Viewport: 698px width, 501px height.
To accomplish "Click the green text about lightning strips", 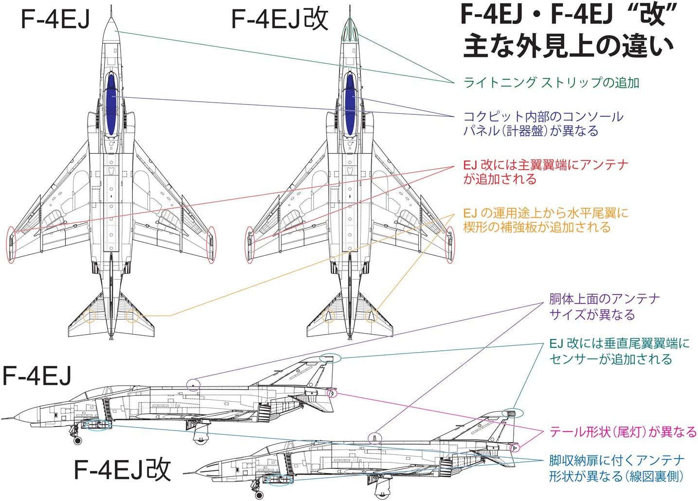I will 551,82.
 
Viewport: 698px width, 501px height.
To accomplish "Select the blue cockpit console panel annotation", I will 543,124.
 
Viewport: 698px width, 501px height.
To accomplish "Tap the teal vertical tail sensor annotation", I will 619,351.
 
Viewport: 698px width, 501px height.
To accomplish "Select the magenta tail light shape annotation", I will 623,431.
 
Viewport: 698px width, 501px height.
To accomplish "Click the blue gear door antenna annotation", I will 617,468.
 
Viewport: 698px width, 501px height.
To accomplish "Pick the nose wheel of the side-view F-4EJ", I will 77,440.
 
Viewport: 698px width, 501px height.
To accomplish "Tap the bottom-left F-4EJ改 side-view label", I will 122,469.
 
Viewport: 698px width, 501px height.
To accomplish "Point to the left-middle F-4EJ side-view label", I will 37,376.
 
